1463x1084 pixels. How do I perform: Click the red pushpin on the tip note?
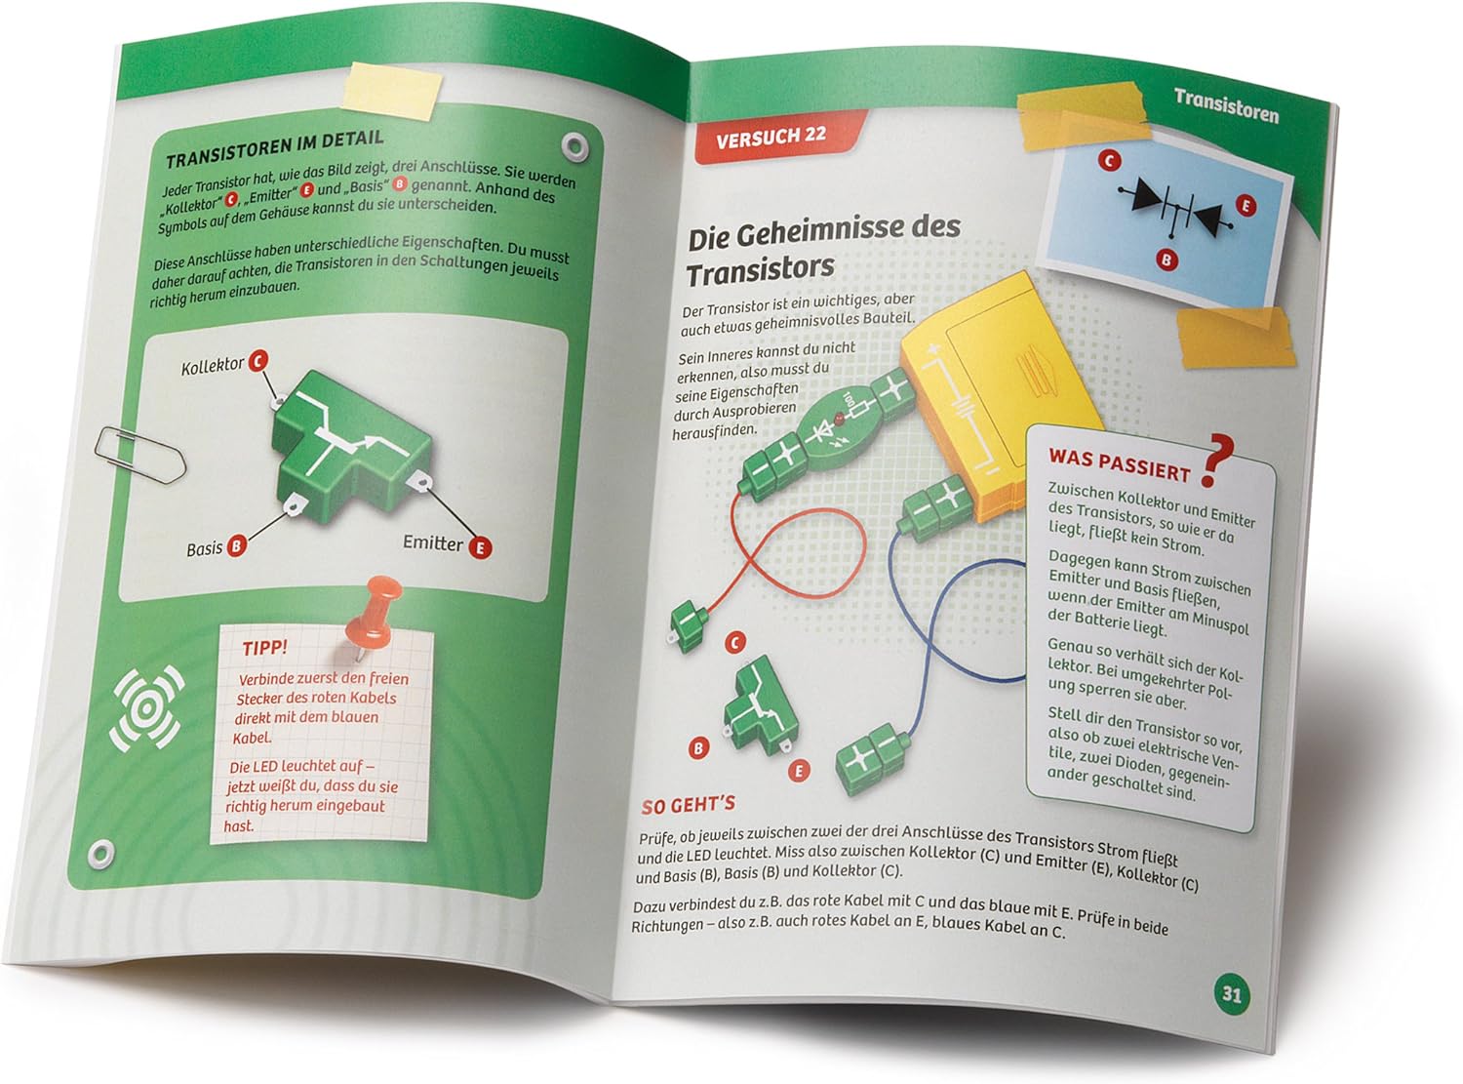(374, 613)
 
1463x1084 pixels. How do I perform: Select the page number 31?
(1231, 993)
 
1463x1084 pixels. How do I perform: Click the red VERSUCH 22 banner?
(777, 136)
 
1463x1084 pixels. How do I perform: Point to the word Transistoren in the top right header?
(1226, 106)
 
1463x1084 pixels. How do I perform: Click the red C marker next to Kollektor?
(257, 360)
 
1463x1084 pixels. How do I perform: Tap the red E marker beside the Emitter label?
(481, 547)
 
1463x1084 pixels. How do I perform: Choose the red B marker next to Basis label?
(236, 545)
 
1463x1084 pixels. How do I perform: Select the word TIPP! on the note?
(265, 648)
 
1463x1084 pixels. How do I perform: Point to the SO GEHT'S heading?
(688, 806)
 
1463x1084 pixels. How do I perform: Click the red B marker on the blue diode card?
(1166, 260)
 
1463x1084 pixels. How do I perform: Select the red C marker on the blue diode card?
(1109, 160)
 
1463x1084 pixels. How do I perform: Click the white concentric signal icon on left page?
(146, 708)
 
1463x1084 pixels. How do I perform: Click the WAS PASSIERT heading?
(1119, 465)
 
